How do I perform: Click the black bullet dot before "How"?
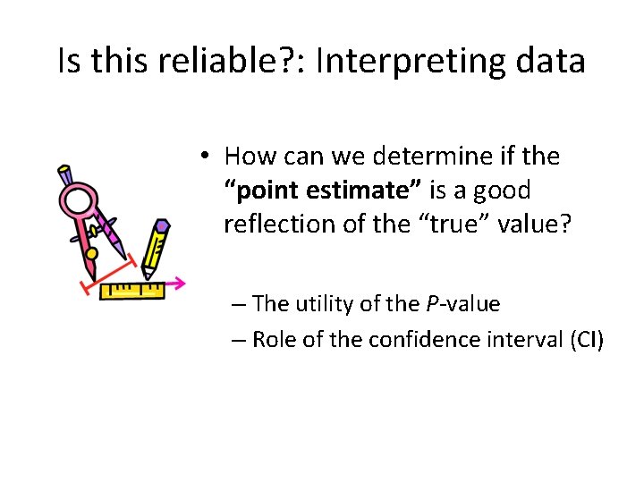click(205, 157)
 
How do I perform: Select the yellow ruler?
click(132, 290)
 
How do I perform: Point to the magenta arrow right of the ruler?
click(176, 284)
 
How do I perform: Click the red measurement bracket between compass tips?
click(108, 273)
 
